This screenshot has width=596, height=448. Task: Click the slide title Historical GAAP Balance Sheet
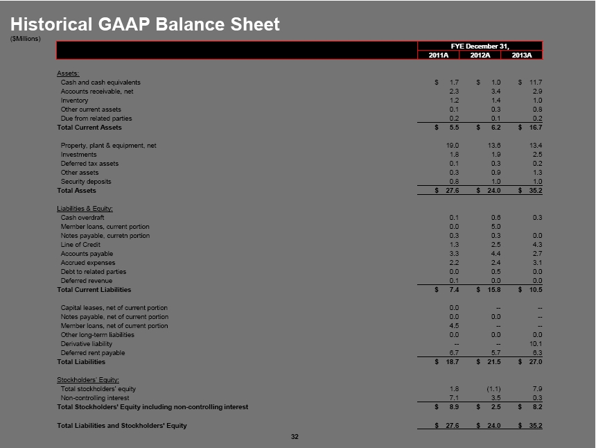click(x=146, y=24)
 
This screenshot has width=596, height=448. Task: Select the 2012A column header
click(x=480, y=55)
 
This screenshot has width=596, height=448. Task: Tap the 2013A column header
click(x=521, y=55)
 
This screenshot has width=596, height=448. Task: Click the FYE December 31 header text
click(x=480, y=46)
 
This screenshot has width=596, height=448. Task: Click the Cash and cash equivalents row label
click(x=100, y=83)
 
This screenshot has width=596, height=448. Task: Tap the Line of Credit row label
click(x=80, y=245)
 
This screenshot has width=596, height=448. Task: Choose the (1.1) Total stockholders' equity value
click(x=494, y=388)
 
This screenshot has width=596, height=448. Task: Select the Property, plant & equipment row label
click(x=108, y=146)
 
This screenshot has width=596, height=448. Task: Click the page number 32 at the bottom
click(x=295, y=436)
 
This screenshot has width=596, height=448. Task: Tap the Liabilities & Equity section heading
click(x=85, y=208)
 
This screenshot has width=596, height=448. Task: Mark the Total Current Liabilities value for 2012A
click(x=495, y=290)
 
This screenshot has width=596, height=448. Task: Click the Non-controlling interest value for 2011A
click(x=455, y=397)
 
